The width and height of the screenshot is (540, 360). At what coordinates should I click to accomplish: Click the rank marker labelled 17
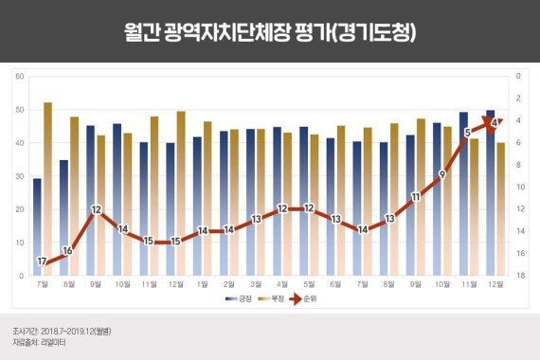[x=42, y=261]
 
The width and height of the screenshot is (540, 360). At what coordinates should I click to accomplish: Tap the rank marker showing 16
[x=67, y=250]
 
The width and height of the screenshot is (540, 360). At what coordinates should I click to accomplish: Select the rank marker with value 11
[x=415, y=197]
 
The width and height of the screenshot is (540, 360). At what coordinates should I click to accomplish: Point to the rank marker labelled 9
[x=441, y=175]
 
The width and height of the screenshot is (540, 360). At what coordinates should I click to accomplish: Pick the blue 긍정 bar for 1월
[x=197, y=207]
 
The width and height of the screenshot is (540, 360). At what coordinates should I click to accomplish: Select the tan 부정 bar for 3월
[x=260, y=202]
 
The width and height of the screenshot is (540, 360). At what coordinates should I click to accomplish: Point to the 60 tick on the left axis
[x=19, y=75]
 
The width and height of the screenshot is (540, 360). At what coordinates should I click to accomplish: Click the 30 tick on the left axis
[x=19, y=175]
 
